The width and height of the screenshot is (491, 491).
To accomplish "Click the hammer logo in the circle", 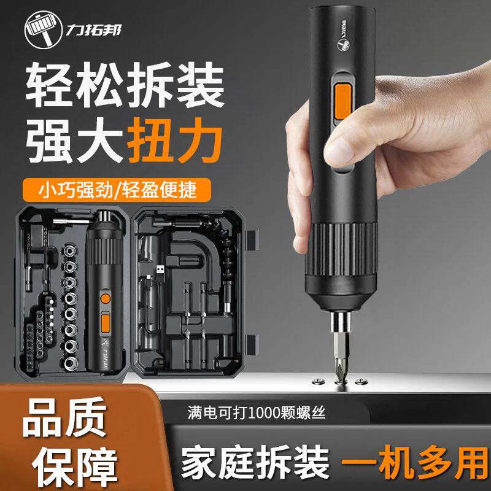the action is [x=44, y=29].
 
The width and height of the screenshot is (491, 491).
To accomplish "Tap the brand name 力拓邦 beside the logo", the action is [x=93, y=30].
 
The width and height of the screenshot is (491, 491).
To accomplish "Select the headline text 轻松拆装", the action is [x=125, y=85].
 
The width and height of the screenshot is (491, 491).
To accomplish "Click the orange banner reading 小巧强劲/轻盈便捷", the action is [x=117, y=190].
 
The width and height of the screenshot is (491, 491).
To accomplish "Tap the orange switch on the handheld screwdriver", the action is [x=343, y=101].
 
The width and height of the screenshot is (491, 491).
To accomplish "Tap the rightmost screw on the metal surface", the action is [x=361, y=381].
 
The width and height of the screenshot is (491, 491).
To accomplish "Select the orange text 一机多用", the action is [x=415, y=463].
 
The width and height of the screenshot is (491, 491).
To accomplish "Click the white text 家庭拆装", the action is [x=255, y=463].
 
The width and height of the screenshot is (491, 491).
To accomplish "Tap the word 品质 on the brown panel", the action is [x=64, y=418].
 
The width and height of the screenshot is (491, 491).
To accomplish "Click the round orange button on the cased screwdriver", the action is [x=106, y=298].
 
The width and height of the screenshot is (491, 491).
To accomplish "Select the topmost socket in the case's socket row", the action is [x=70, y=250].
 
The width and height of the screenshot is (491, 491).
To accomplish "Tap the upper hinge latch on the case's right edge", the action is [x=252, y=240].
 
